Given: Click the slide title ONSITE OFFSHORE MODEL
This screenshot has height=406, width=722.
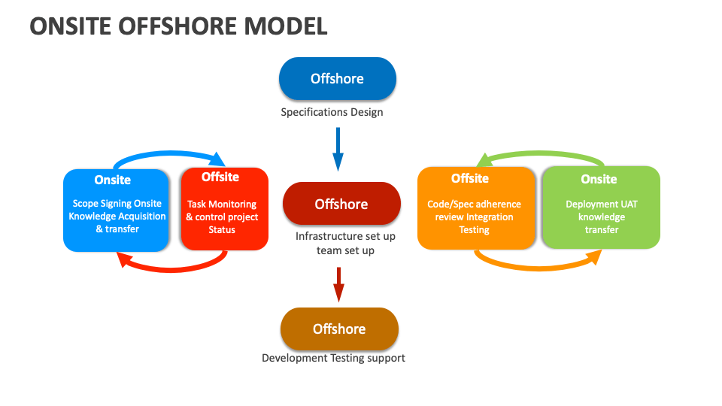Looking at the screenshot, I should [179, 26].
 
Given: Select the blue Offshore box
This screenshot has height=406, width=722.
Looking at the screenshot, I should [337, 79].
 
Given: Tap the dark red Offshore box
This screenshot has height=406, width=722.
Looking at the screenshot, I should [341, 204].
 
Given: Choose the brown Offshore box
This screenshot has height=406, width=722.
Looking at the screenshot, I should [339, 329].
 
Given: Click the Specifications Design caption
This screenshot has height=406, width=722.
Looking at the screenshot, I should [332, 113].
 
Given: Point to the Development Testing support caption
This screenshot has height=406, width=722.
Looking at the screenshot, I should [333, 358].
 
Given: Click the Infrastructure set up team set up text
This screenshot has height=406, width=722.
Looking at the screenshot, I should [345, 243].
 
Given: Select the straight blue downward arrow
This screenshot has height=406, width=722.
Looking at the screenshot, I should [338, 148].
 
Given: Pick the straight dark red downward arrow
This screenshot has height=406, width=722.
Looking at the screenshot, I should [338, 283].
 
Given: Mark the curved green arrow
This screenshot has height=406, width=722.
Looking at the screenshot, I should [541, 154].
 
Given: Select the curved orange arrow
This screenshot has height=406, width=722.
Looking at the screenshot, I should [538, 265].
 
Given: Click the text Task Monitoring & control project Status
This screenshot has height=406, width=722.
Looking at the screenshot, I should [222, 217].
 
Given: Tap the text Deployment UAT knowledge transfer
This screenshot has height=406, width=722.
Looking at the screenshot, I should [602, 217].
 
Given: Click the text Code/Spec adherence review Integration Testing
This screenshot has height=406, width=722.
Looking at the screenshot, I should [475, 217].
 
